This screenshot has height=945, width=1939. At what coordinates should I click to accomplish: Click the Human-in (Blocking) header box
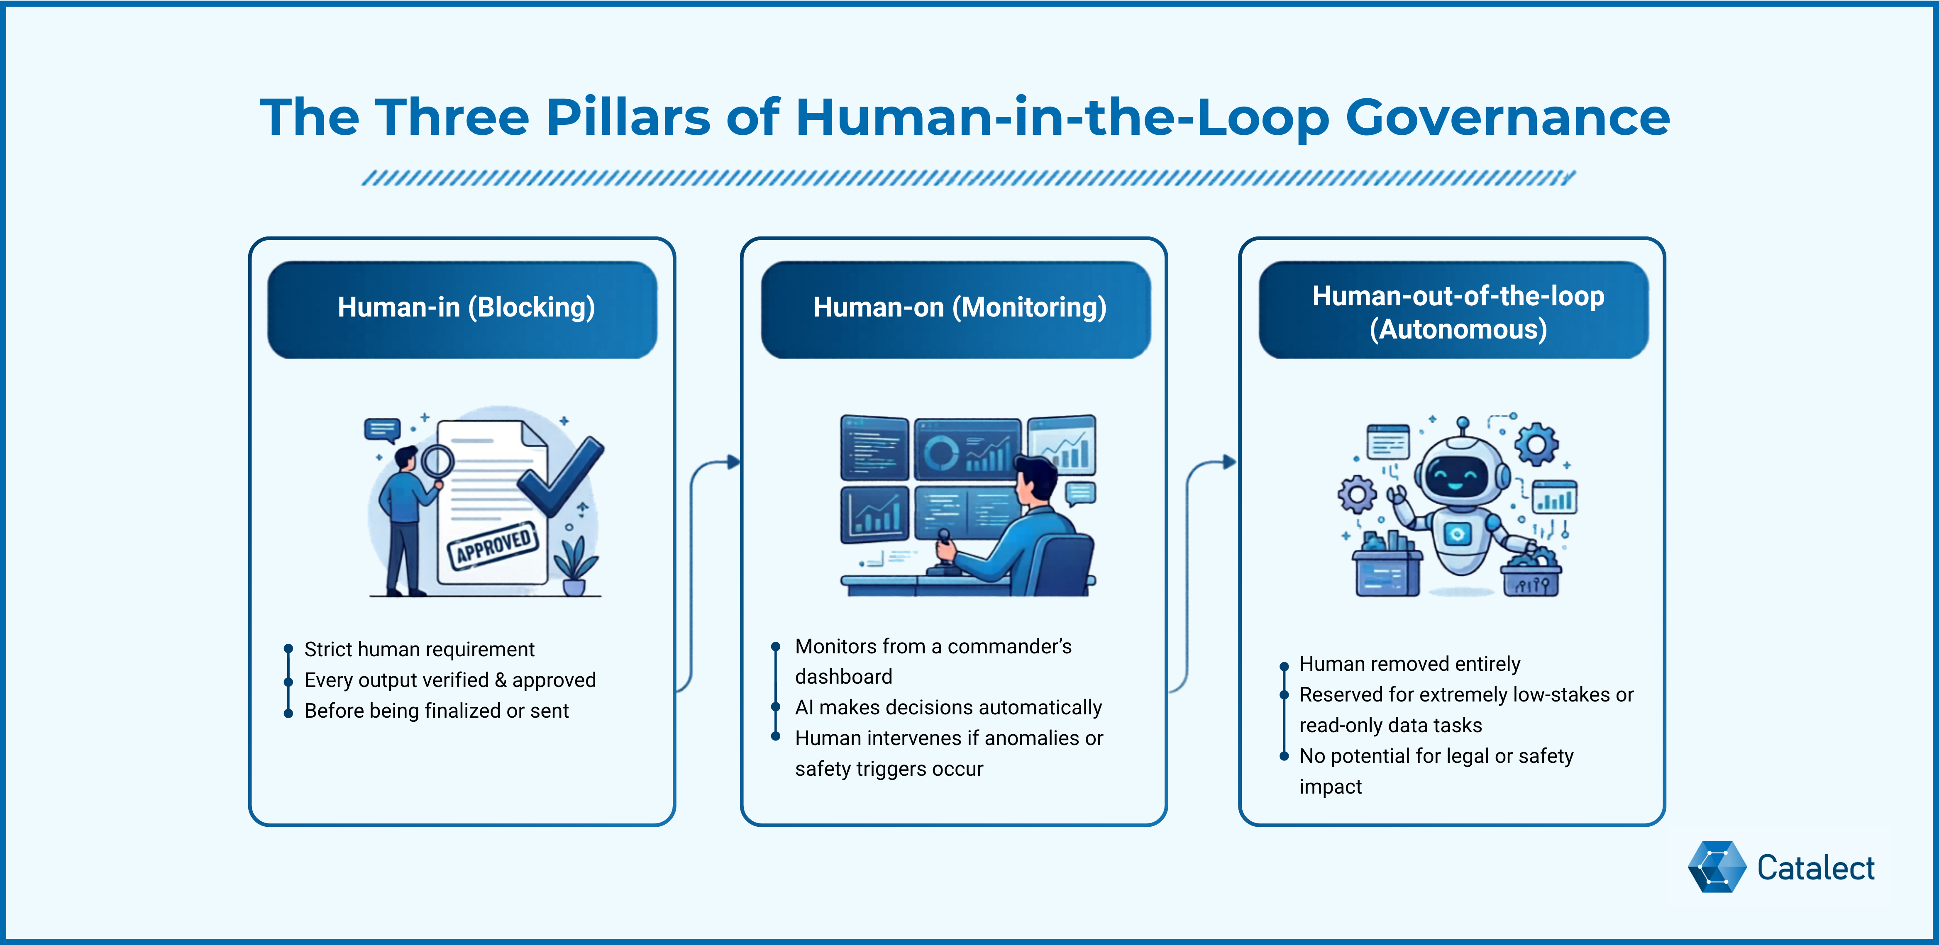(462, 309)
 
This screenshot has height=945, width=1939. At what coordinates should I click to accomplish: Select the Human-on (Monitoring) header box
(956, 309)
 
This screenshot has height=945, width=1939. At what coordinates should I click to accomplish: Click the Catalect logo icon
(1716, 867)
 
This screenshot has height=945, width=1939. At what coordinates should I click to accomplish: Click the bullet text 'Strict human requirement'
(419, 649)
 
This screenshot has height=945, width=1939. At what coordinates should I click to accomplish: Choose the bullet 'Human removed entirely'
(1409, 664)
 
